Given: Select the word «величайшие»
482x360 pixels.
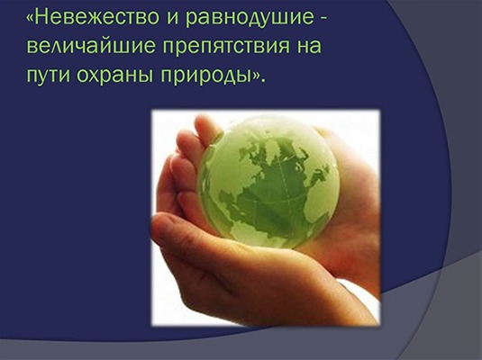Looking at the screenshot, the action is click(x=91, y=46).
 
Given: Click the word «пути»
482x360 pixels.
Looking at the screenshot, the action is click(x=49, y=74).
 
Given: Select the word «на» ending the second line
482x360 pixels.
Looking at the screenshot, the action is click(x=309, y=47).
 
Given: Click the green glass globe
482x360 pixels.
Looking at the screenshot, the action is click(x=268, y=182).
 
